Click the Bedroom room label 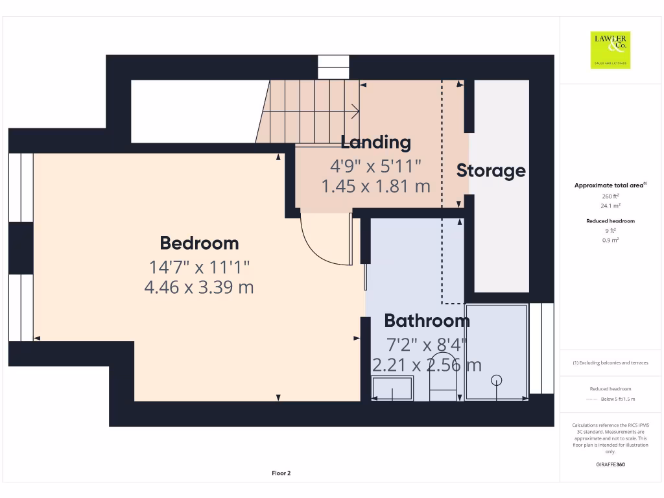point(199,243)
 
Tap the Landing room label point(375,142)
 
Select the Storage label point(491,171)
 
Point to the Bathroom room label point(427,320)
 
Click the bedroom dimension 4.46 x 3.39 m point(199,287)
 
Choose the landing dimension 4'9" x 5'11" point(375,167)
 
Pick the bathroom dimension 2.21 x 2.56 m point(427,365)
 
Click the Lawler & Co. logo point(610,50)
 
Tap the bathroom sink point(392,389)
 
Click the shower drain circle point(497,380)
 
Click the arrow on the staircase point(353,110)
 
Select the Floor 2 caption point(281,473)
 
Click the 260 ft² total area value point(610,196)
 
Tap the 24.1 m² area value point(610,206)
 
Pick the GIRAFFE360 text point(610,464)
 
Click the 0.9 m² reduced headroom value point(610,240)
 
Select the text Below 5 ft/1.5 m point(618,399)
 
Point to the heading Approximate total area point(609,185)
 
